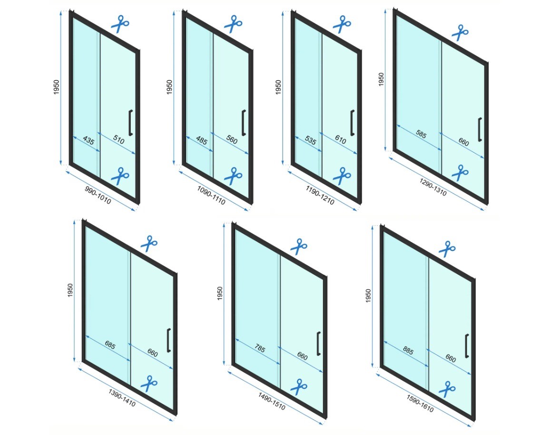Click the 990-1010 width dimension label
(98, 195)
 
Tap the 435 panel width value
(88, 140)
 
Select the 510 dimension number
(118, 139)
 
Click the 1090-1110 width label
(211, 195)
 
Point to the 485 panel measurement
(202, 140)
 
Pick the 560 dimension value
(232, 140)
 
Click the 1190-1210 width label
(320, 195)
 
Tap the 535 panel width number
(311, 140)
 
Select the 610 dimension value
(340, 140)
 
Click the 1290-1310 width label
(433, 187)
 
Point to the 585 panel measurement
(421, 134)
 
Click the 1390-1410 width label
(122, 397)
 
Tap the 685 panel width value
(110, 345)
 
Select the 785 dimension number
(260, 348)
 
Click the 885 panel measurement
(408, 351)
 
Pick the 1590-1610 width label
(420, 404)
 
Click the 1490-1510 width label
(272, 401)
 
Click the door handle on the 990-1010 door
(131, 123)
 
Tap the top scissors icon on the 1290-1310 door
(460, 32)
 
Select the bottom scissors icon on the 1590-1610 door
(447, 389)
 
